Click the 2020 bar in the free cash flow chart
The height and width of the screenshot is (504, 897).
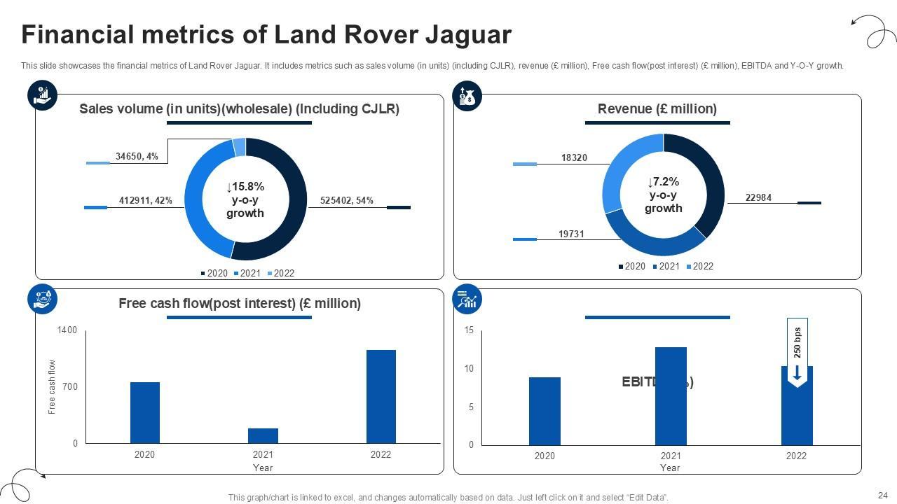tap(144, 412)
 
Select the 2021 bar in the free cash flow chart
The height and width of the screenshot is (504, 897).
tap(263, 435)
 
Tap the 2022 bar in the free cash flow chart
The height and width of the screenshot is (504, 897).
tap(381, 396)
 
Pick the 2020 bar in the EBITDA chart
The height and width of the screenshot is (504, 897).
tap(545, 411)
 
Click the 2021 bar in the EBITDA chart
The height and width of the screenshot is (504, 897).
tap(671, 396)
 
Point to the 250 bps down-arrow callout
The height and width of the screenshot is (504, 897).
tap(797, 353)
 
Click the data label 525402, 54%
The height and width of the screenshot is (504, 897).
tap(346, 201)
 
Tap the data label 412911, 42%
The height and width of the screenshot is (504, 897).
tap(145, 201)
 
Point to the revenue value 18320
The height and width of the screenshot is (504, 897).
tap(574, 158)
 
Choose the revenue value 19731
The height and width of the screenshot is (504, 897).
tap(571, 234)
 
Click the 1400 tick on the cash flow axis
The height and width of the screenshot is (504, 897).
tap(67, 330)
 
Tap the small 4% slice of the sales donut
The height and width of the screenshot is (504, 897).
tap(239, 147)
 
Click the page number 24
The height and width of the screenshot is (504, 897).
tap(882, 495)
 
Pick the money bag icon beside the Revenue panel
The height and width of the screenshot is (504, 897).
tap(467, 96)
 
